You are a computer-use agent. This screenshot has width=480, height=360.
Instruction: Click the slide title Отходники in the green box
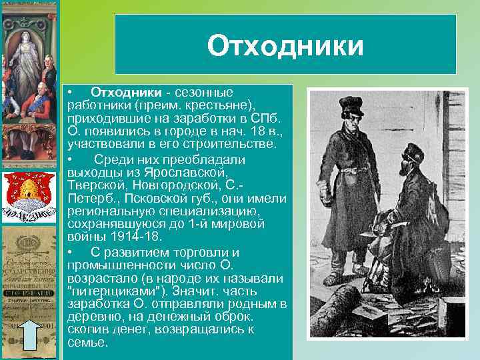(x=285, y=47)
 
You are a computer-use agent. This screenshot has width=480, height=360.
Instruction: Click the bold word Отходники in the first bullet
(x=126, y=91)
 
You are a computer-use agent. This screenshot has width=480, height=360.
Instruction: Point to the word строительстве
(x=229, y=145)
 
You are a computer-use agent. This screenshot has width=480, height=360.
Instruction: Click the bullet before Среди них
(x=70, y=159)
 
